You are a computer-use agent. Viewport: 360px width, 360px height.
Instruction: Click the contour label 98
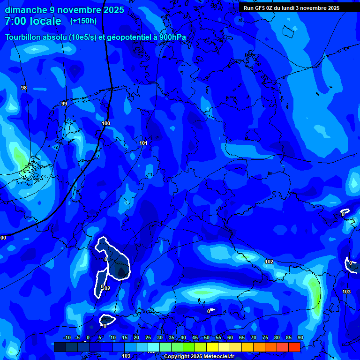24,88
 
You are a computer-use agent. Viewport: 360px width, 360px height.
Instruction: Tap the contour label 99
64,104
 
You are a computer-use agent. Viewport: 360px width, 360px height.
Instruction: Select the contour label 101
143,143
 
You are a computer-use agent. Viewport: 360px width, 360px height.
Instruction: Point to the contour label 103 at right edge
346,292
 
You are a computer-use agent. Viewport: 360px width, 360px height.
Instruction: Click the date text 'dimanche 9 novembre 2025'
64,10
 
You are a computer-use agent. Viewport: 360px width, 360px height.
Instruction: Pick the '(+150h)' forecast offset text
83,21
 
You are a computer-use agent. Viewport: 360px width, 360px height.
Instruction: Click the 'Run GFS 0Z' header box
292,7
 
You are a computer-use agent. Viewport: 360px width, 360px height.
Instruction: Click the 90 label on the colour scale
300,337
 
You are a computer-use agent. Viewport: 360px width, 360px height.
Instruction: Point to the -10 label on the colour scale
67,337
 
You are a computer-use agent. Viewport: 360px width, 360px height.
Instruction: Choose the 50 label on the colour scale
207,337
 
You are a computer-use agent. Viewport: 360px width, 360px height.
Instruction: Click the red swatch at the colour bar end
294,347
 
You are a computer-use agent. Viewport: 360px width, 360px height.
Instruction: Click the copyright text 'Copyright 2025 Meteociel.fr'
199,356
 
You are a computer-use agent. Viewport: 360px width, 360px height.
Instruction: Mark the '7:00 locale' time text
33,21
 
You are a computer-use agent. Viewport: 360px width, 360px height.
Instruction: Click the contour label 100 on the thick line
106,123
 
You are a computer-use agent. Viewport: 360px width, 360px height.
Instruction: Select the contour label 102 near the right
269,262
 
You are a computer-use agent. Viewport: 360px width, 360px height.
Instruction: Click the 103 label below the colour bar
126,356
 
